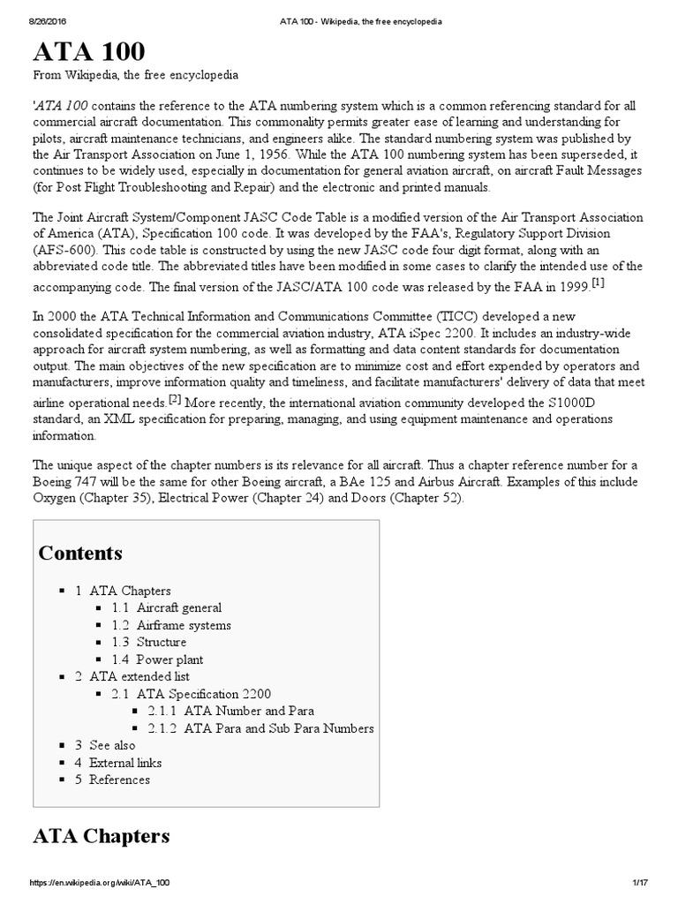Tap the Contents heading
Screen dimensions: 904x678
click(80, 554)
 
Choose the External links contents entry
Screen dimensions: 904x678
click(125, 763)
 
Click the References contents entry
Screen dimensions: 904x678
click(119, 780)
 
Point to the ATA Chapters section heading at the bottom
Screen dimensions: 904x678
click(101, 835)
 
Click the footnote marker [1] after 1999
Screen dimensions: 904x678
click(599, 282)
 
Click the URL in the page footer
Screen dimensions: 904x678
click(100, 883)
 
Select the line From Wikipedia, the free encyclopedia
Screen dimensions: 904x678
click(135, 74)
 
